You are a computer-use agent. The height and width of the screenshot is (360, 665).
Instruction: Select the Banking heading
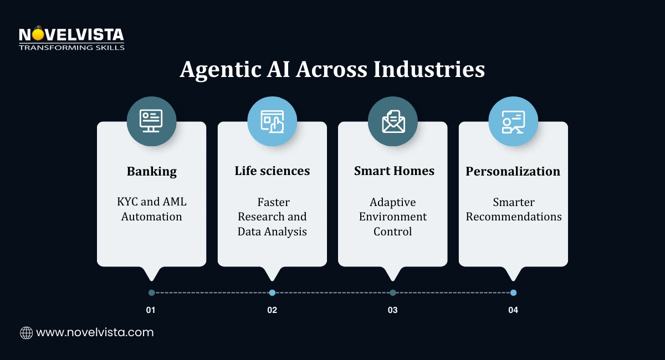[151, 171]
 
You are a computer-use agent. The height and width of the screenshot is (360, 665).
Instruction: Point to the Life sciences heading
[272, 171]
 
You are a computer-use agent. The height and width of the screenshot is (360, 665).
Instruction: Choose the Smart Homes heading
[393, 171]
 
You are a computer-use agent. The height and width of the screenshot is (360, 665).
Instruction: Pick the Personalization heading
[513, 171]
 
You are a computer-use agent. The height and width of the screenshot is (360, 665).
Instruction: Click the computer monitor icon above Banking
[151, 121]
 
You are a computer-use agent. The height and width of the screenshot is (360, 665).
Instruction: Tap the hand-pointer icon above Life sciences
[272, 121]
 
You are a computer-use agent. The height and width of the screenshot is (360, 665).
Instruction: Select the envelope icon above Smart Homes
[393, 121]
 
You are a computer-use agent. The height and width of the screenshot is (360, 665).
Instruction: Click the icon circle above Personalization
[513, 121]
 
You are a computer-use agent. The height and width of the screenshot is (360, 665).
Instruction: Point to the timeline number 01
[151, 310]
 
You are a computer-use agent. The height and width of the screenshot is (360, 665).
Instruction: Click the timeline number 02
[272, 310]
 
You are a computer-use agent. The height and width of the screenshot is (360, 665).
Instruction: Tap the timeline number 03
[392, 310]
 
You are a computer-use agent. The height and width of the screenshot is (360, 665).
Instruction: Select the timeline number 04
[513, 310]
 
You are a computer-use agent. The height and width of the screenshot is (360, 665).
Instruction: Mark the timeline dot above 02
[272, 292]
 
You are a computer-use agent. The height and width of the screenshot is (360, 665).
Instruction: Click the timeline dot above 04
[513, 292]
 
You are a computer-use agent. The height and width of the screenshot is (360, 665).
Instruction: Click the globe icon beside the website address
[26, 333]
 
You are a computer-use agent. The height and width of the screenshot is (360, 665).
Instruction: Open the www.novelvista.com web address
[95, 333]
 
